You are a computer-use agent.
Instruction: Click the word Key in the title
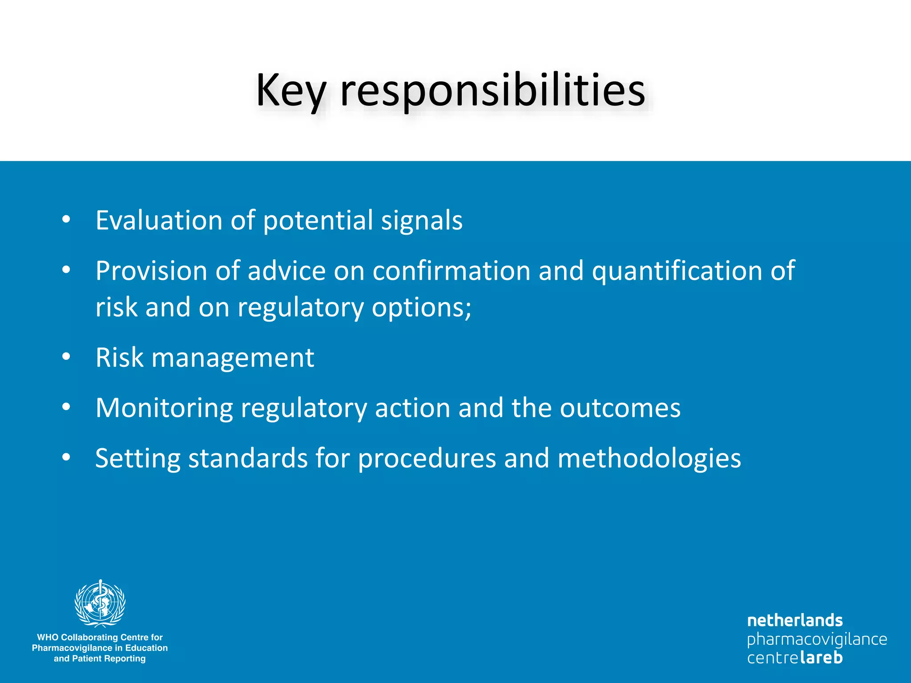click(x=291, y=91)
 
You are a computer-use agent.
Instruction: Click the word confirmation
click(x=451, y=271)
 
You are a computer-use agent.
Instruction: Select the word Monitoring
click(x=164, y=408)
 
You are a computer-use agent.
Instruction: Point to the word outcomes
click(x=620, y=408)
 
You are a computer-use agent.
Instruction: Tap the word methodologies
click(x=649, y=459)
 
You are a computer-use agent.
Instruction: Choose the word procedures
click(x=427, y=459)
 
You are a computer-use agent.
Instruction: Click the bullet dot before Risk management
click(x=66, y=357)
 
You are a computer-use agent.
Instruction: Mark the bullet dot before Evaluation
click(x=66, y=219)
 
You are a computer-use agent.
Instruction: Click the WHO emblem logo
click(x=100, y=603)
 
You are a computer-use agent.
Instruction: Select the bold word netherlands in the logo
click(x=795, y=620)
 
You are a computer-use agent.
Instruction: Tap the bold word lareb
click(x=821, y=657)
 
